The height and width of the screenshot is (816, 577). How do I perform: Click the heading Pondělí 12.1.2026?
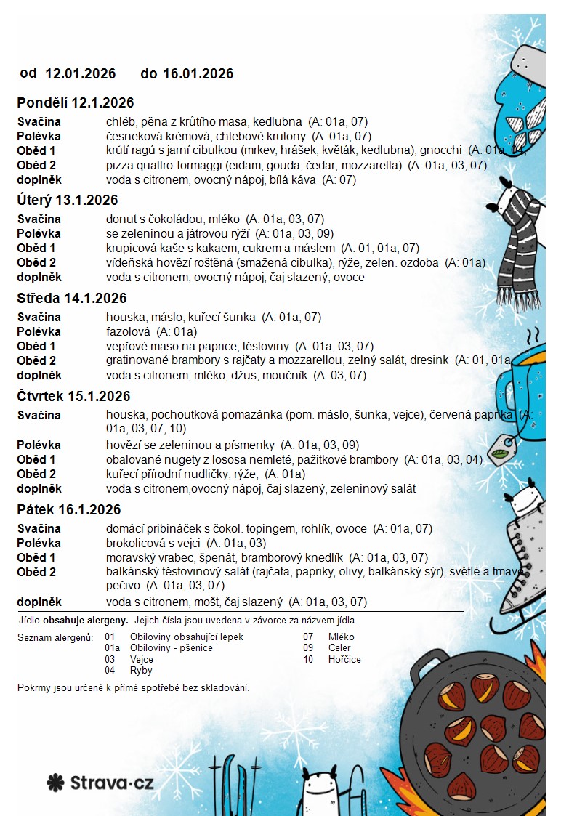coord(76,103)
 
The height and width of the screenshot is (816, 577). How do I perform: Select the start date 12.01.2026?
coord(81,73)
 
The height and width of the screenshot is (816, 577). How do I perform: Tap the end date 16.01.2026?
coord(198,73)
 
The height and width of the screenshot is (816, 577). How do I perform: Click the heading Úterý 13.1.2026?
coord(68,201)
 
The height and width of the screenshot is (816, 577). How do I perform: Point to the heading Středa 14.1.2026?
coord(72,299)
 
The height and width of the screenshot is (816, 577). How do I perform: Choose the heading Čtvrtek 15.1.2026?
coord(73,397)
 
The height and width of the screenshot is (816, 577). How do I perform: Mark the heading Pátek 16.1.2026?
coord(69,510)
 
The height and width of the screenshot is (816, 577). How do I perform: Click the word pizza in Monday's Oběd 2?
coord(118,166)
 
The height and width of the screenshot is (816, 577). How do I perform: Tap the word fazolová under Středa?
coord(128,332)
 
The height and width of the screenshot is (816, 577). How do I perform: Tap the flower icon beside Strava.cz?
coord(56,783)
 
